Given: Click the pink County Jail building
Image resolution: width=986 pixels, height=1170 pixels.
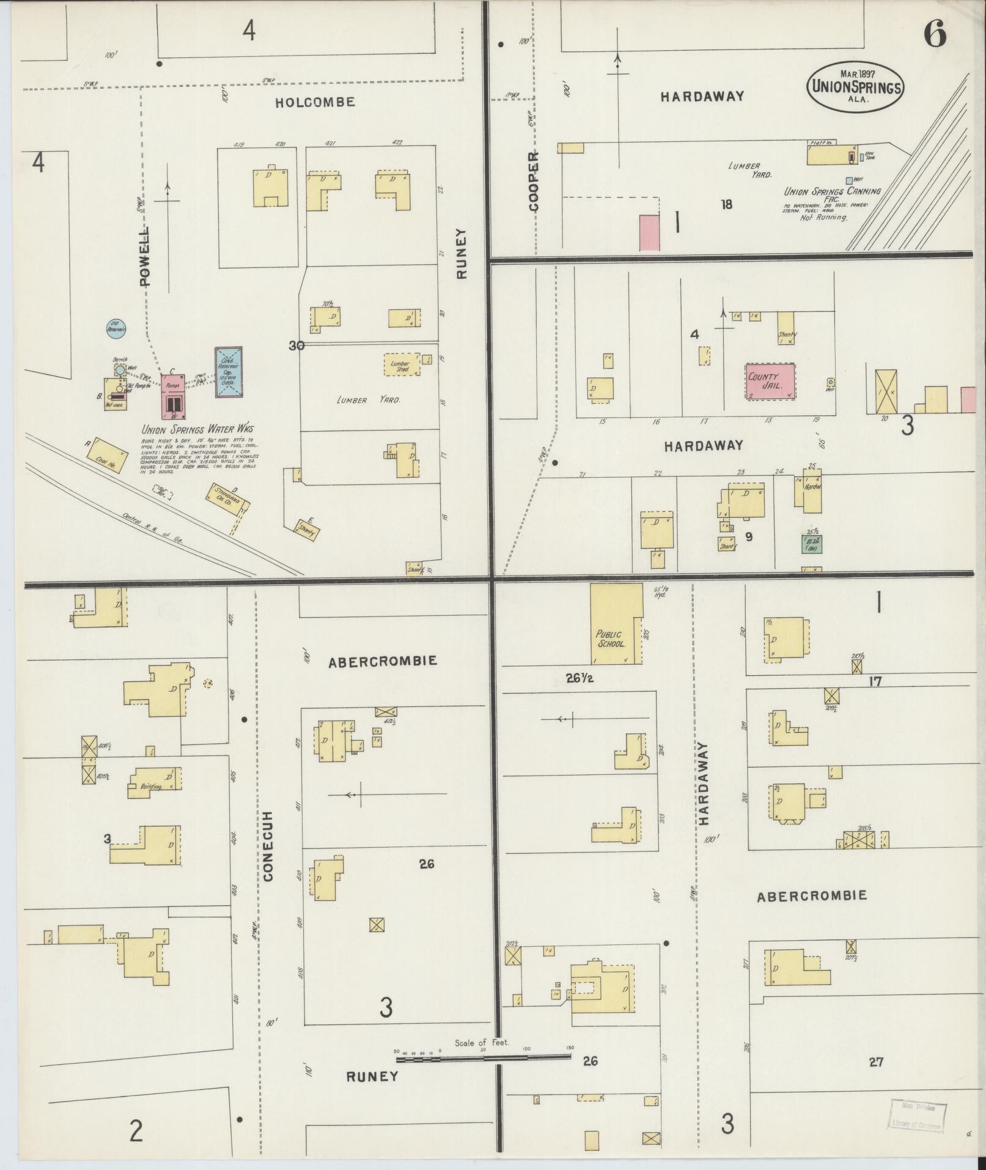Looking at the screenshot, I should pos(770,380).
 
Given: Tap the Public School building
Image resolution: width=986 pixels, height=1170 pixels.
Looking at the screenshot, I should pos(616,624).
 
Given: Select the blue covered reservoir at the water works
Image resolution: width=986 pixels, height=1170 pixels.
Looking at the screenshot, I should pos(229,372).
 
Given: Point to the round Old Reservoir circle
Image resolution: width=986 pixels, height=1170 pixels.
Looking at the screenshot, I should pos(116,328).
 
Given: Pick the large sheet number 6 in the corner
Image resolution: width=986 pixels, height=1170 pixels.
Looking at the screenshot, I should pos(935,34).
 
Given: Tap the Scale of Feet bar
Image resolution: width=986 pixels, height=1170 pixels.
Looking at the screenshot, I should pos(483,628).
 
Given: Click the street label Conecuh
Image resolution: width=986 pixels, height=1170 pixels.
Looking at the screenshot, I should pos(270,846).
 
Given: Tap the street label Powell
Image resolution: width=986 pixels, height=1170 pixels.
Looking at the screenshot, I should pos(145,257).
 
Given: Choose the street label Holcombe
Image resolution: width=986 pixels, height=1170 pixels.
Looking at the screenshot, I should pos(315,102).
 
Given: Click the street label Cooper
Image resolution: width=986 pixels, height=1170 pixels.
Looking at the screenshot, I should pos(534,181).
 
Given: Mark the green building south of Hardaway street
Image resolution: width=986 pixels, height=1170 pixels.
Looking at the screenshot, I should pos(812,544).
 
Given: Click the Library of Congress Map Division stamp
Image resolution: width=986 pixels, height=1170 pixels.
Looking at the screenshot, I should pos(918,1114).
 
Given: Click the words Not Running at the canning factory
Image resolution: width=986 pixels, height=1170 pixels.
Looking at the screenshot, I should pos(824,217).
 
